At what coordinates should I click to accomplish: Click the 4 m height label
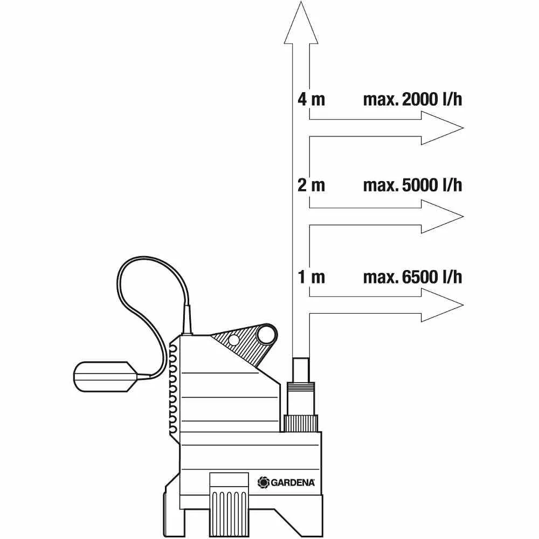(x=311, y=100)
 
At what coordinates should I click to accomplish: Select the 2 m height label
(x=311, y=185)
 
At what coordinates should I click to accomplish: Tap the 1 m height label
(x=311, y=277)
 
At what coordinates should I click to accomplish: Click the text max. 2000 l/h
(x=412, y=100)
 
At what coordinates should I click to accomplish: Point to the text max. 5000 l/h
(x=412, y=185)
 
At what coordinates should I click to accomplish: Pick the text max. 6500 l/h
(x=412, y=277)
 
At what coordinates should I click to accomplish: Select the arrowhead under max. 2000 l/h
(x=442, y=128)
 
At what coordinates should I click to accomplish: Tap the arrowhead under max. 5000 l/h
(x=442, y=217)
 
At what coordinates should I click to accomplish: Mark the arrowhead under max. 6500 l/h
(x=442, y=305)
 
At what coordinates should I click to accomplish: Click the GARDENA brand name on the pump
(x=293, y=482)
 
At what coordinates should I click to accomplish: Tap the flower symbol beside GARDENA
(x=264, y=482)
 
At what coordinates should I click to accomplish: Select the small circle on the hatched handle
(x=234, y=340)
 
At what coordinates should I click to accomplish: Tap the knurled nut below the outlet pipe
(x=300, y=423)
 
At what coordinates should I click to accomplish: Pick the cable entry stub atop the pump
(x=188, y=319)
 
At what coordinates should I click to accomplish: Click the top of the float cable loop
(x=144, y=257)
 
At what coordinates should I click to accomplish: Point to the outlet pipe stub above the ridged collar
(x=301, y=370)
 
